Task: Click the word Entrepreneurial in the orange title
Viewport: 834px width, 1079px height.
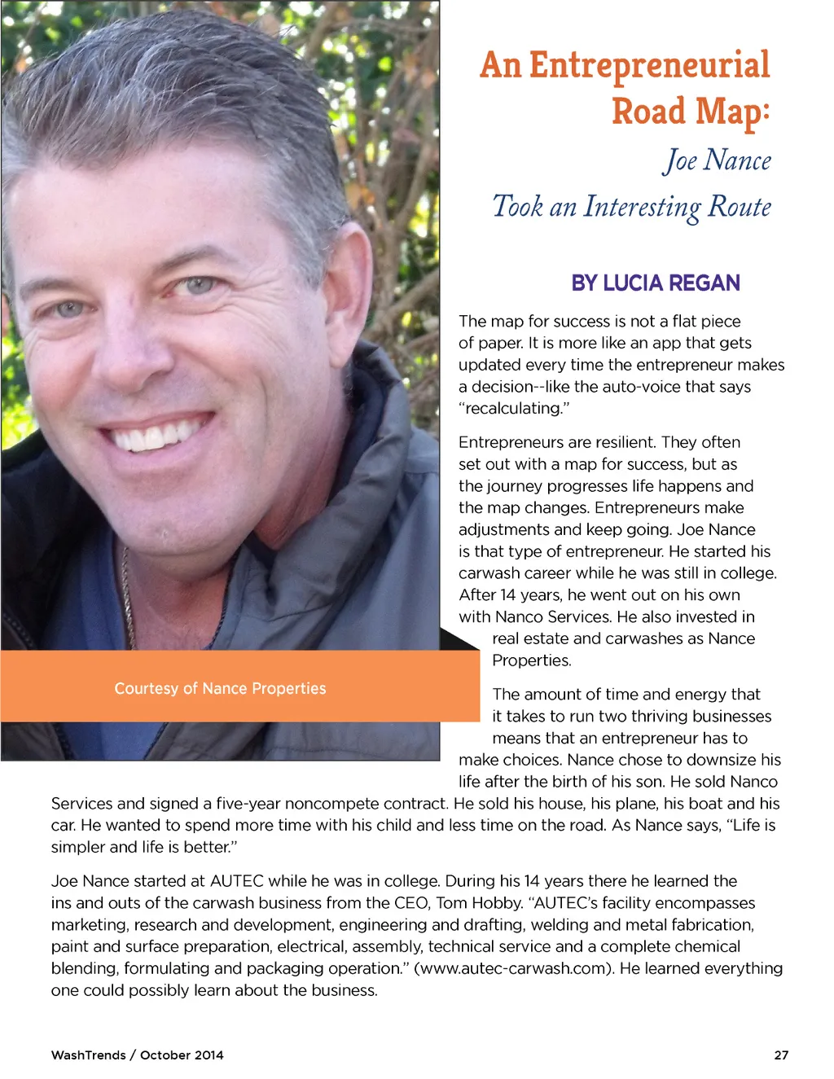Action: (x=649, y=65)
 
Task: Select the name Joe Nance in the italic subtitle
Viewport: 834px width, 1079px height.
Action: (x=717, y=160)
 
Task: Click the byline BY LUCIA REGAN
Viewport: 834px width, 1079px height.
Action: (x=656, y=283)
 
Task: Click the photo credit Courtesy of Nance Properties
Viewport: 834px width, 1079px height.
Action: (x=220, y=689)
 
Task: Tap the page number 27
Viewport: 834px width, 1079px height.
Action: (x=781, y=1055)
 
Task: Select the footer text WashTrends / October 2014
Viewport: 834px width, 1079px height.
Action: (x=137, y=1055)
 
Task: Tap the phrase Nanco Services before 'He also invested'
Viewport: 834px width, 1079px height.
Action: (x=552, y=617)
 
